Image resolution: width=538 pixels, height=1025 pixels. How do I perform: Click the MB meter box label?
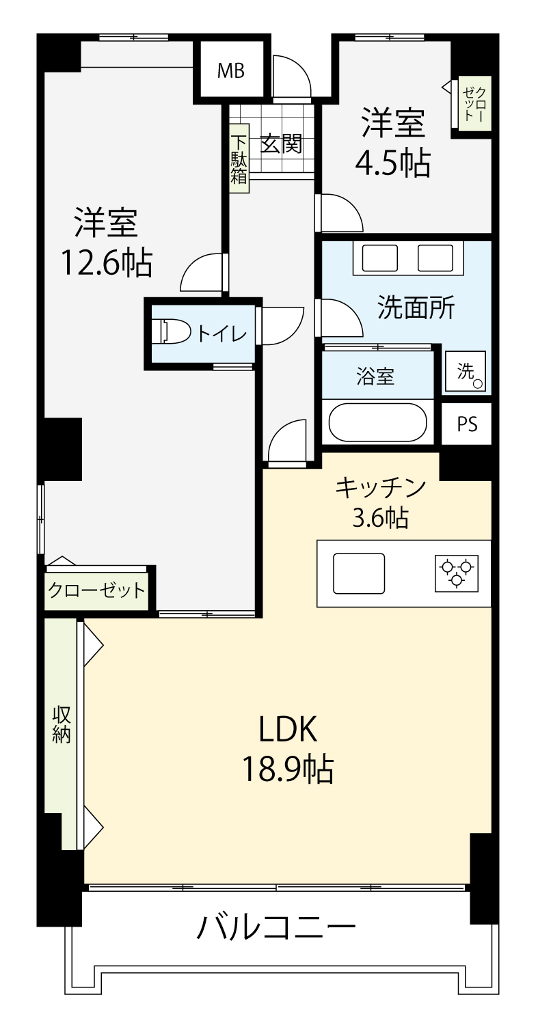[x=231, y=71]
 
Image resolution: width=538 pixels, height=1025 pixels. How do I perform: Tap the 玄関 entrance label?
[x=281, y=144]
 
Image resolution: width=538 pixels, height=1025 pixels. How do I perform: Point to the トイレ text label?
[x=221, y=334]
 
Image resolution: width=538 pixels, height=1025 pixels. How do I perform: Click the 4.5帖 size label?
[x=393, y=163]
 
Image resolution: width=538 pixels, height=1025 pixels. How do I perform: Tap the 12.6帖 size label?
[x=107, y=262]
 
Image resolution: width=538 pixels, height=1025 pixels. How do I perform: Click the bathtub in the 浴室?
[x=378, y=422]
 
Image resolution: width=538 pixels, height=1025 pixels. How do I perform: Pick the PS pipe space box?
[x=467, y=424]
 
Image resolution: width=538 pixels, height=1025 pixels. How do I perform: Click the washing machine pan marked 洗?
[x=466, y=371]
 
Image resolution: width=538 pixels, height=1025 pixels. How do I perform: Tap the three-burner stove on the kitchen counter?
[x=457, y=574]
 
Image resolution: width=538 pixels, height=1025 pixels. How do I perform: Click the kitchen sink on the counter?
[x=359, y=574]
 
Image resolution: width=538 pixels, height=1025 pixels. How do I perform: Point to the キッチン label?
[x=381, y=488]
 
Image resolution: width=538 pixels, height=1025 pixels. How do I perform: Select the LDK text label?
[x=288, y=729]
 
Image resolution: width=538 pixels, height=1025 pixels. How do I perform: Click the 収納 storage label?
[x=62, y=724]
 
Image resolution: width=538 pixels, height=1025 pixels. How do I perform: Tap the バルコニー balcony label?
[x=275, y=926]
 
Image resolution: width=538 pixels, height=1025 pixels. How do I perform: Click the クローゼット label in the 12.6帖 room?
[x=96, y=590]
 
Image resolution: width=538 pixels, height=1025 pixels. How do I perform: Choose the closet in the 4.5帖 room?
[x=475, y=105]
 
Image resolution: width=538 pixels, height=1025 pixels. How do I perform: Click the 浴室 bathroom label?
[x=375, y=376]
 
